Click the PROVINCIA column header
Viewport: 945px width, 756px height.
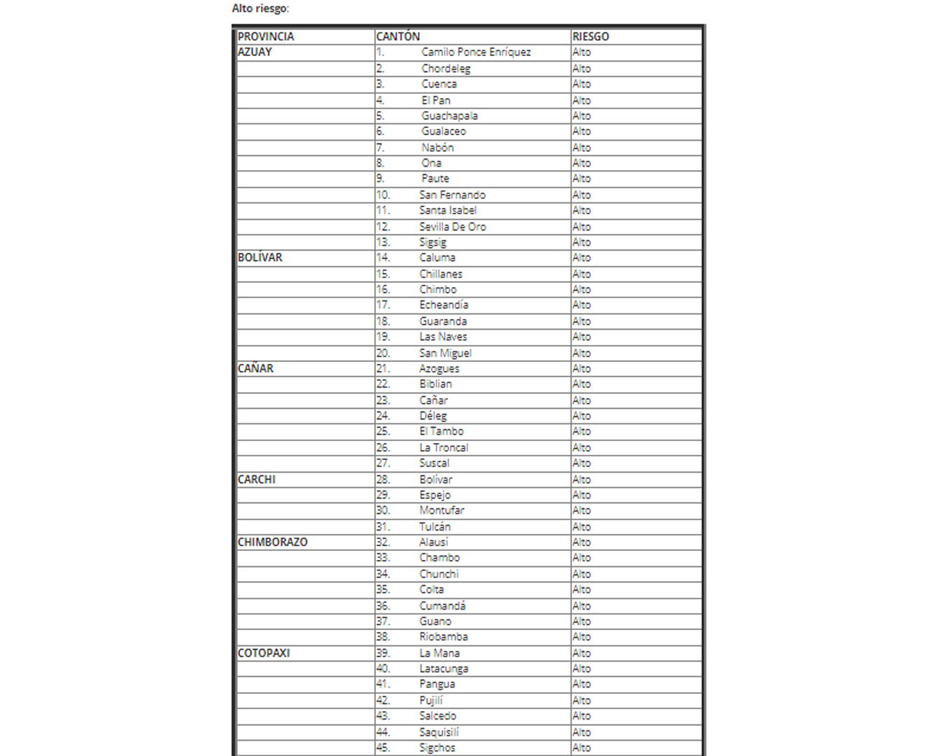[x=265, y=36]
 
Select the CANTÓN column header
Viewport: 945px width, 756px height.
[x=398, y=36]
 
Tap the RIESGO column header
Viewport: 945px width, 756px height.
[x=590, y=36]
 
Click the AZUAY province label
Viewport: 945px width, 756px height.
[x=255, y=52]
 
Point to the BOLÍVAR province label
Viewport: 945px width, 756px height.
[x=260, y=258]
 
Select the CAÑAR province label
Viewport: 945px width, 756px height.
[x=255, y=368]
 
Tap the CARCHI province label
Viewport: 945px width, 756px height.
[x=256, y=479]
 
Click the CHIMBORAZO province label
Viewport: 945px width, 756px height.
[x=272, y=542]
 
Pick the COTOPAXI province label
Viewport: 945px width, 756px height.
[x=263, y=653]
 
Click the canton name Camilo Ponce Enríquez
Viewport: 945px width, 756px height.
[x=476, y=52]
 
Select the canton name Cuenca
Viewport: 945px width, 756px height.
[x=439, y=84]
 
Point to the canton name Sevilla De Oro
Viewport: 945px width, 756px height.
[x=452, y=227]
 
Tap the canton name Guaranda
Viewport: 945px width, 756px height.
[x=443, y=321]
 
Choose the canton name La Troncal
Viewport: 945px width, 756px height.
[x=444, y=447]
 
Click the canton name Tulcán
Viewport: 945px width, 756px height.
[x=435, y=526]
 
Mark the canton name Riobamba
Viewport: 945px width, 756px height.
[x=444, y=637]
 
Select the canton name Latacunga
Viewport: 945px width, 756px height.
[x=444, y=668]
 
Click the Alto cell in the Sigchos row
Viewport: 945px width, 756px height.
[x=582, y=748]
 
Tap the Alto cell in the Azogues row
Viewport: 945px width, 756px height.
[x=582, y=368]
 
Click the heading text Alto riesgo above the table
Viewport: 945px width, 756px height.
[x=260, y=8]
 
